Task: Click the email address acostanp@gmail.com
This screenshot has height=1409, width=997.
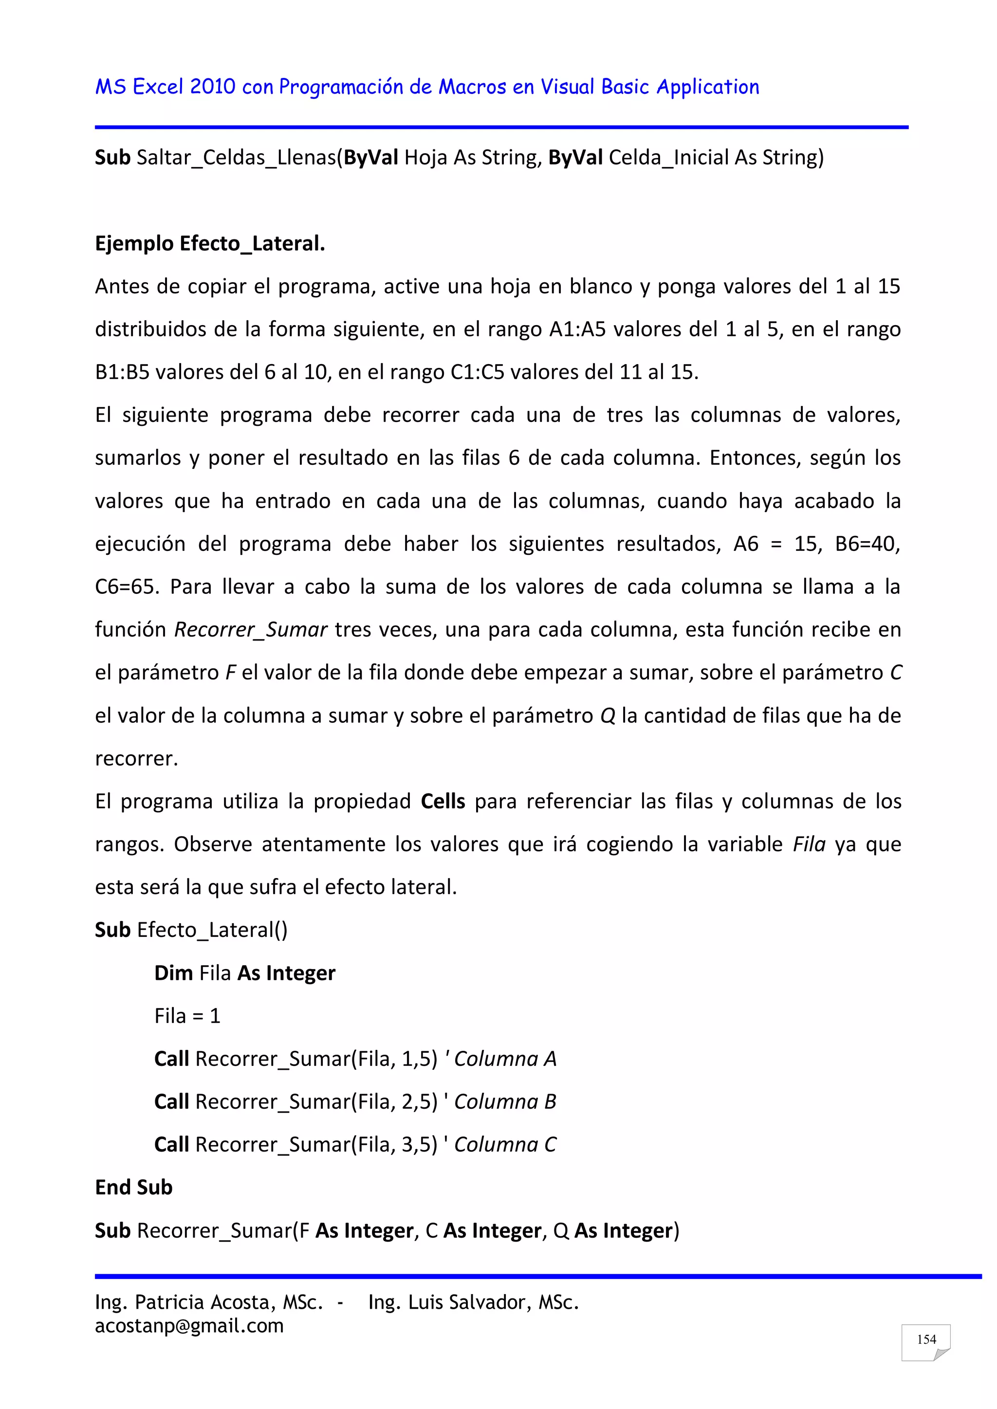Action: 189,1326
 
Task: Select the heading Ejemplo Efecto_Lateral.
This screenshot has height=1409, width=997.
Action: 210,244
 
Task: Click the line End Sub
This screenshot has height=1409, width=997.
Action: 134,1188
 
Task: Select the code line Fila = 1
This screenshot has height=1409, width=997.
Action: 187,1016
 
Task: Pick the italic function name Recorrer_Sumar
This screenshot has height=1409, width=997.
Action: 251,630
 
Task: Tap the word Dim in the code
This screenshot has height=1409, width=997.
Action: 174,973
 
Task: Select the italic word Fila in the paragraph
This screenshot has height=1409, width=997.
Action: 809,844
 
